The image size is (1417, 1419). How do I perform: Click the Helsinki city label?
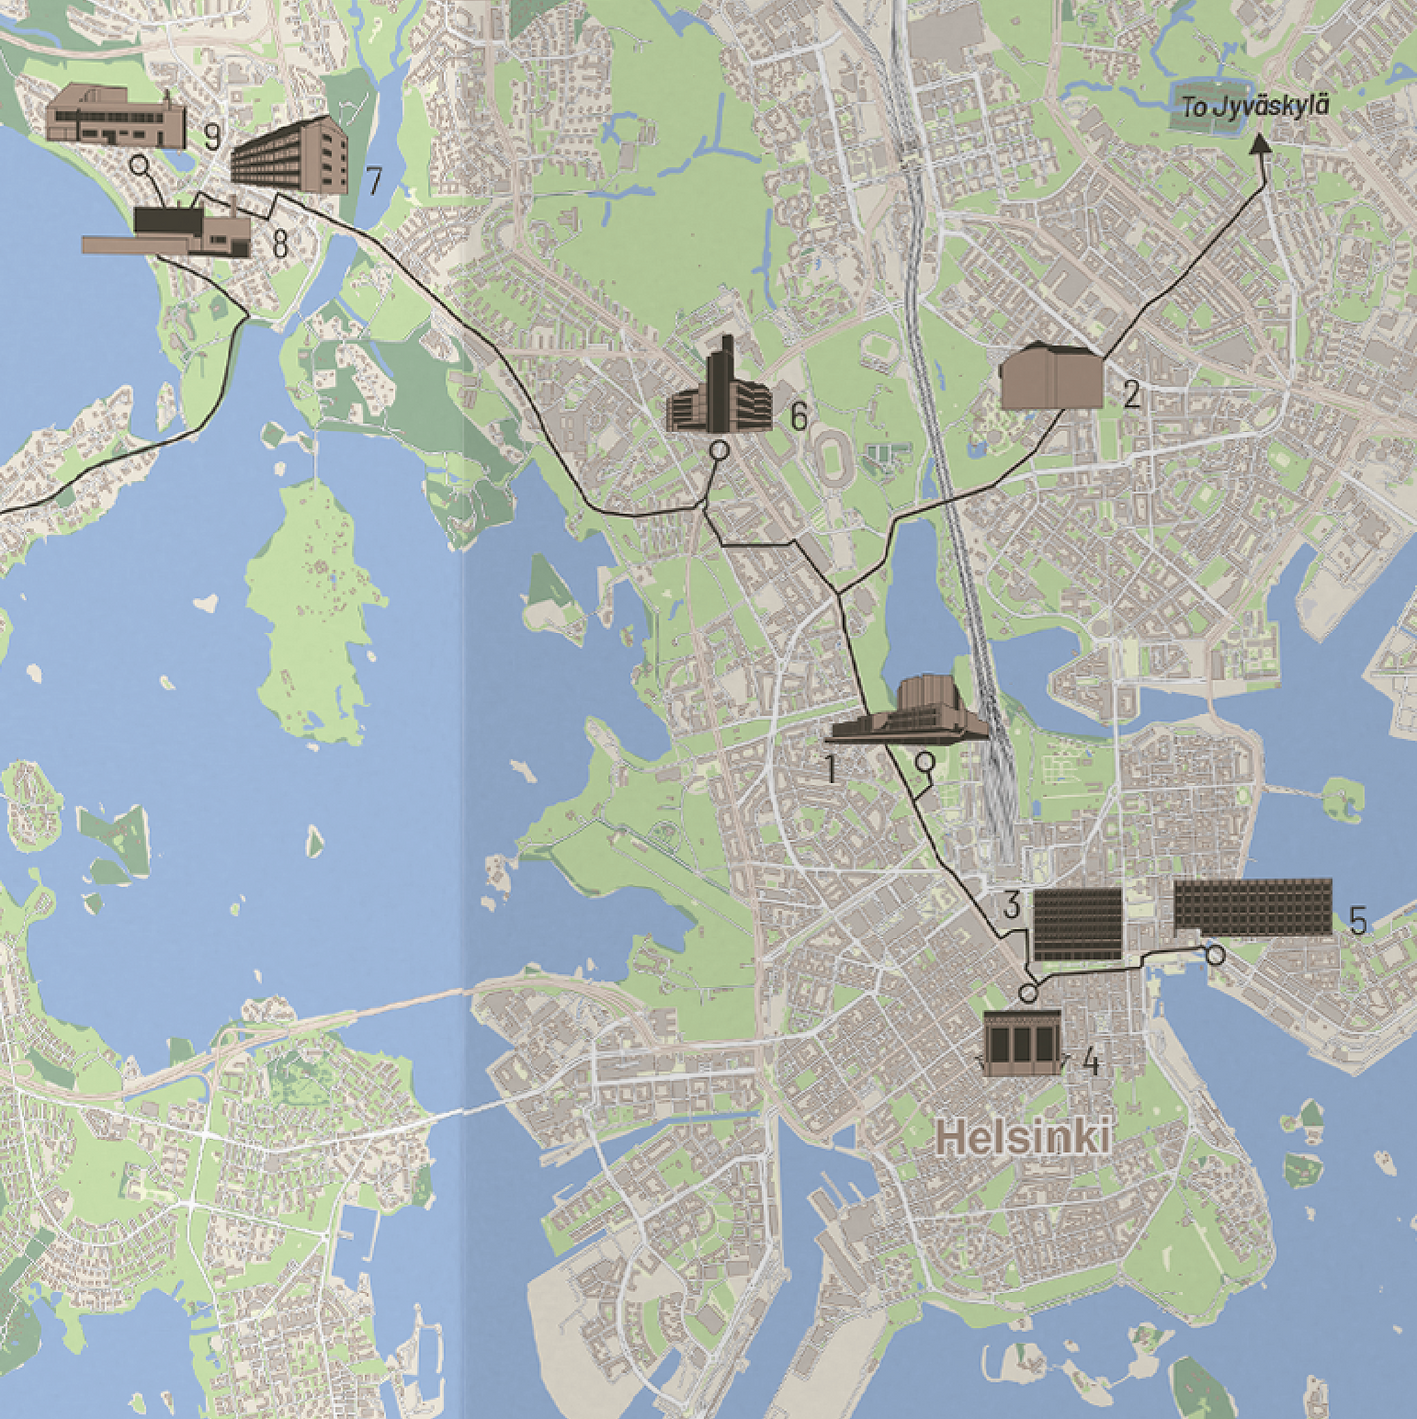(x=1024, y=1139)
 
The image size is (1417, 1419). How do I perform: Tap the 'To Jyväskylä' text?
(x=1254, y=107)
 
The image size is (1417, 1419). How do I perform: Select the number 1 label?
(x=832, y=769)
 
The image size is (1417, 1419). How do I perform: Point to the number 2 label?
(x=1132, y=395)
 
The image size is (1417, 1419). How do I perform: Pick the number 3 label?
(x=1012, y=905)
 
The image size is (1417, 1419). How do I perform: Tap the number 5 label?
(x=1357, y=921)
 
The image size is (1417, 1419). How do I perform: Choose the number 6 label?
(x=798, y=418)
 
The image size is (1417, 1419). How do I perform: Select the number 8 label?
(x=279, y=244)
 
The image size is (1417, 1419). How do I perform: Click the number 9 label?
(x=212, y=136)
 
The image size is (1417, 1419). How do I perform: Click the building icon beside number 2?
(x=1050, y=377)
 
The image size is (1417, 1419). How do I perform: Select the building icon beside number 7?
(x=291, y=156)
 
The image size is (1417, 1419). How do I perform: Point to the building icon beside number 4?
(x=1023, y=1043)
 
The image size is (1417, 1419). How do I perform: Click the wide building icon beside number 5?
(x=1252, y=906)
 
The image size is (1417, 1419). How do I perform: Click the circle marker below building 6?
(x=719, y=451)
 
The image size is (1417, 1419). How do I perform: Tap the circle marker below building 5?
(x=1215, y=954)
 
